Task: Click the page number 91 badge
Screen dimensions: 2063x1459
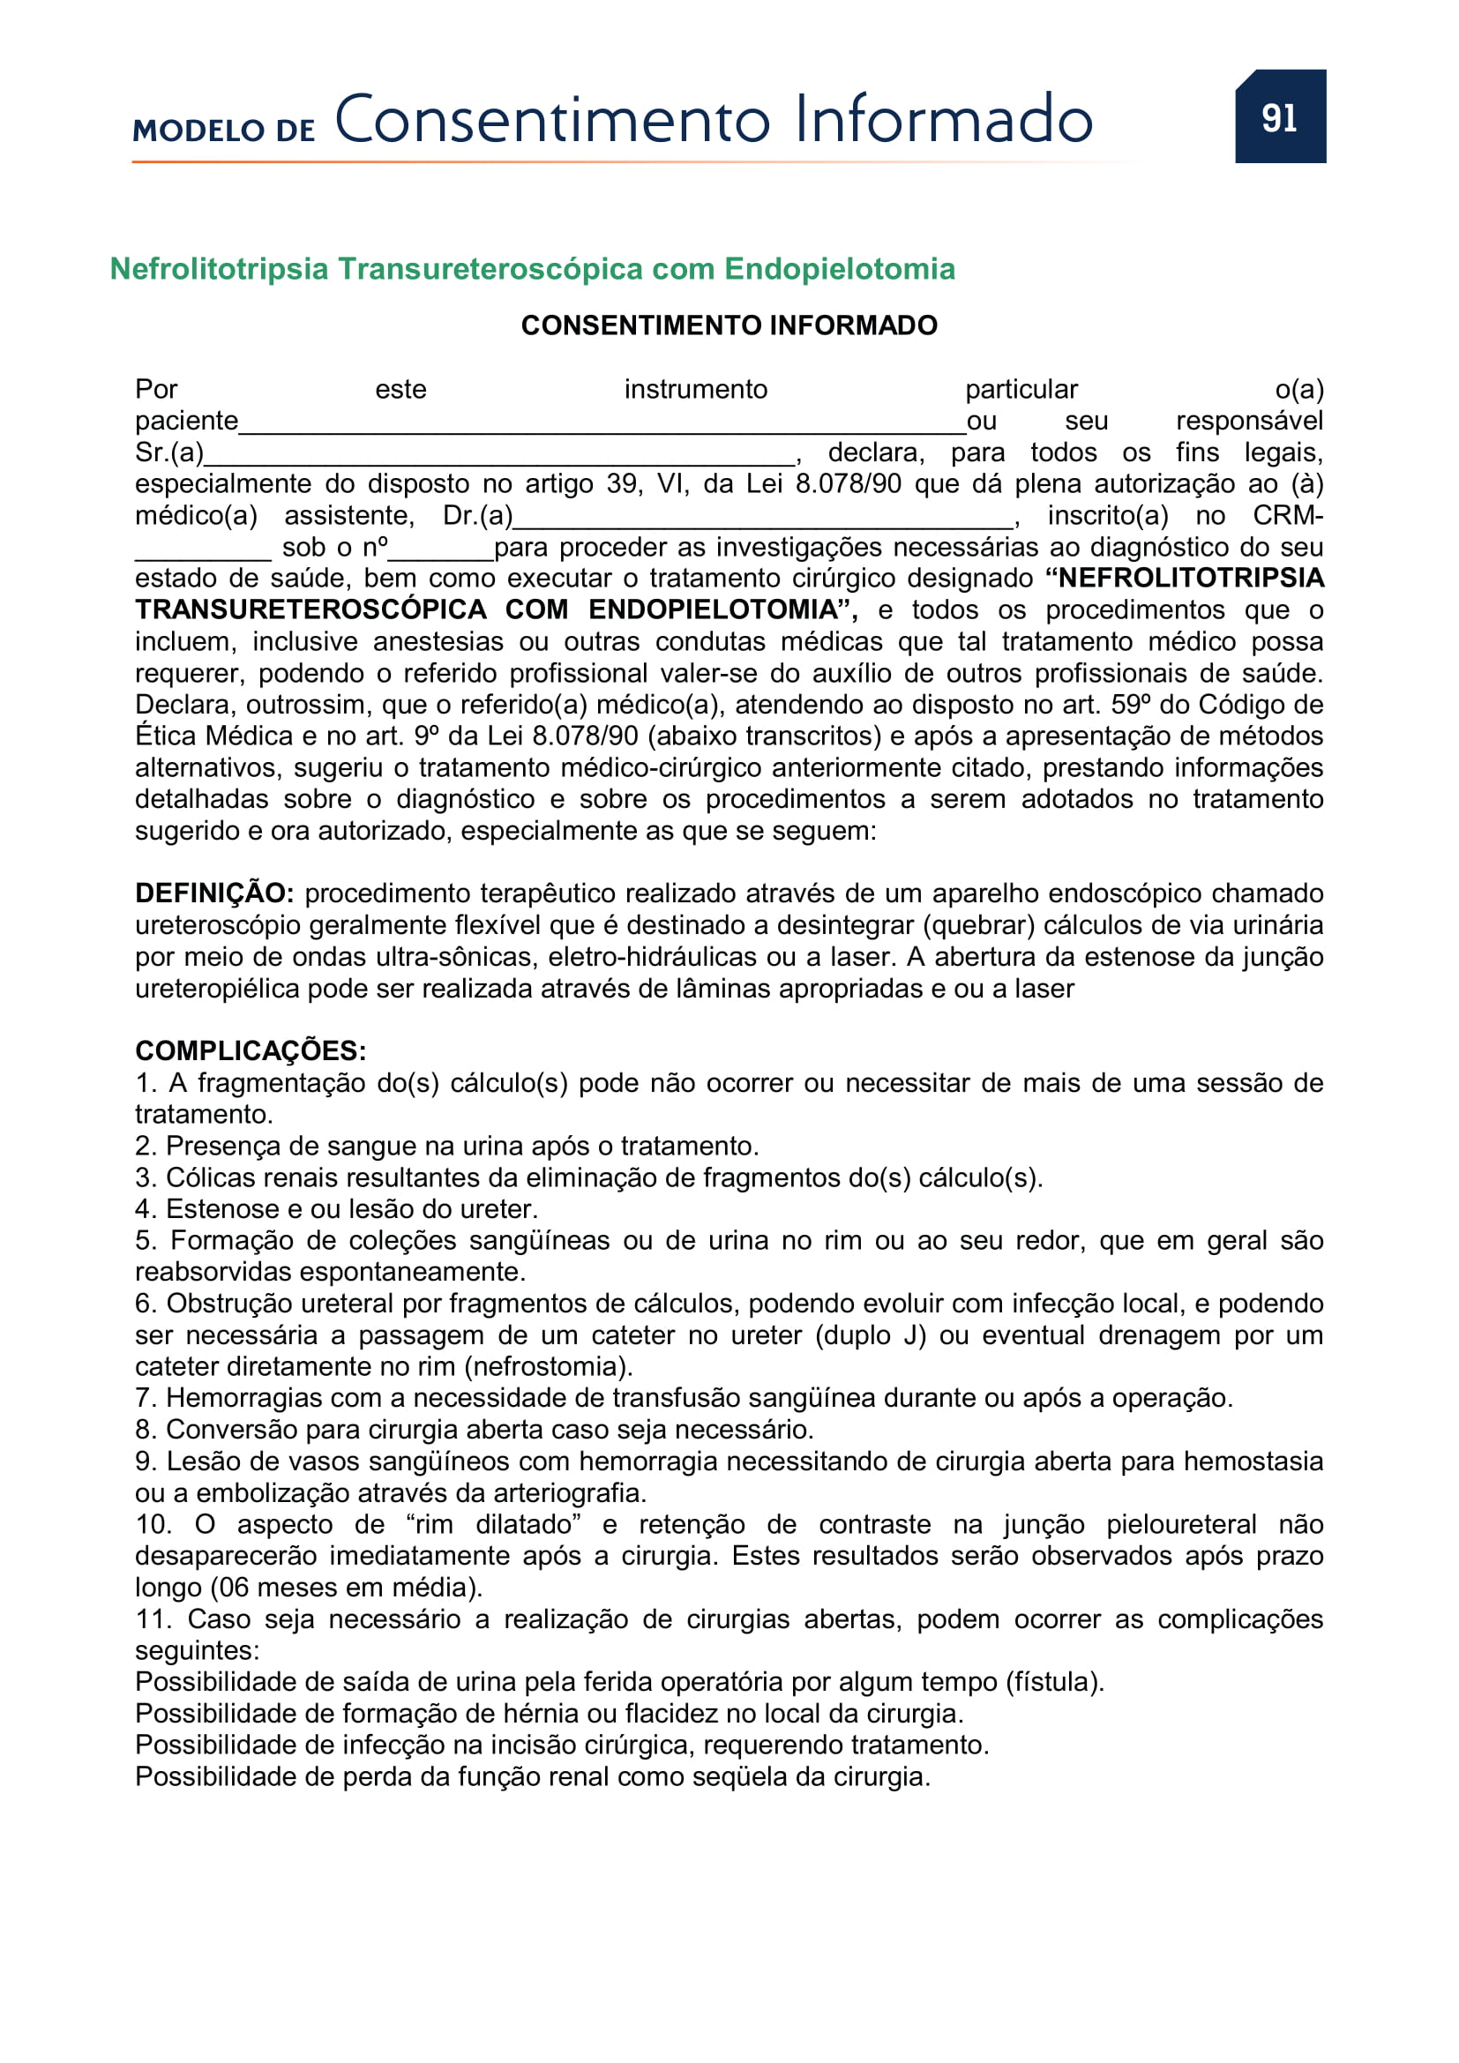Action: (1279, 116)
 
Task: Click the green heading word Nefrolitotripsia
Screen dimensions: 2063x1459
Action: (220, 269)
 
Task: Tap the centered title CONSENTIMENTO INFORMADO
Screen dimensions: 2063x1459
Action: (729, 325)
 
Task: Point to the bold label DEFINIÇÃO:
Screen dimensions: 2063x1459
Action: (213, 893)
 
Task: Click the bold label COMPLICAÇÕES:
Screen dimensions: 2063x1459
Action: (250, 1050)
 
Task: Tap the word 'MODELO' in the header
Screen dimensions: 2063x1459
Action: (198, 131)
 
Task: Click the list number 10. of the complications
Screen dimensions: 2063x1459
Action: (153, 1524)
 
